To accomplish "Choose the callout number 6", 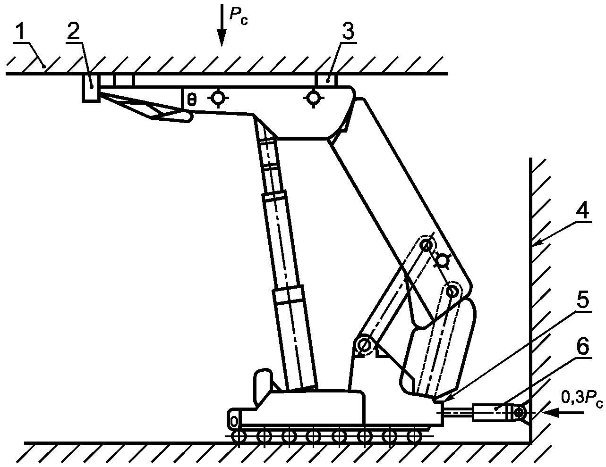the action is (x=582, y=347).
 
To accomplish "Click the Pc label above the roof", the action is (x=238, y=15).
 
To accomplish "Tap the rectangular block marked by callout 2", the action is (x=91, y=88).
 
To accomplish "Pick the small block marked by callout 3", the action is (x=326, y=80).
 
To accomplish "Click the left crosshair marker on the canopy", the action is (x=218, y=99).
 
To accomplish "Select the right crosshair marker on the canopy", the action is (x=313, y=99).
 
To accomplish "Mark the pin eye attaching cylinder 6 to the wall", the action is (x=519, y=413).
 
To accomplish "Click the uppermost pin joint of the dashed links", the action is (x=427, y=245).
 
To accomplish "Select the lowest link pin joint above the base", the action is (x=364, y=345).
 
